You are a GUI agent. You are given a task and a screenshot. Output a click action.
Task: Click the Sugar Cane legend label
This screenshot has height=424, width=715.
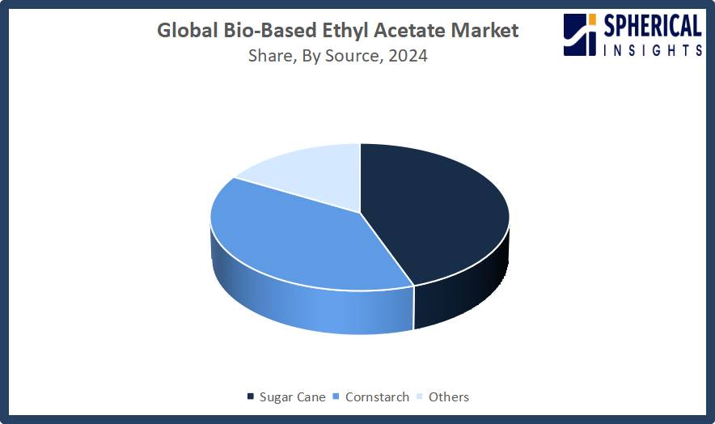click(292, 397)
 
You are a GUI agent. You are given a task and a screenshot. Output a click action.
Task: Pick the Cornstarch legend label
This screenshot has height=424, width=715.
click(377, 397)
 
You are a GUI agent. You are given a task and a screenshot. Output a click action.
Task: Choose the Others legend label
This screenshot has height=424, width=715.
click(449, 397)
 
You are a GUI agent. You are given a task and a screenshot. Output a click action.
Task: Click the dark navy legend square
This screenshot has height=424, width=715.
click(251, 396)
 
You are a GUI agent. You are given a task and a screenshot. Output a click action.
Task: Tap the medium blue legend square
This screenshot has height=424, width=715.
click(336, 396)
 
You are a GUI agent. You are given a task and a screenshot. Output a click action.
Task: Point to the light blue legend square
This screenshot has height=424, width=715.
click(420, 396)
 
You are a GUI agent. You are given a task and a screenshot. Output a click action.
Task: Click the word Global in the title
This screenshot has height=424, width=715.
click(188, 30)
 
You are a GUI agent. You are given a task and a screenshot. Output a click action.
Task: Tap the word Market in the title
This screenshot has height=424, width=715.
click(484, 30)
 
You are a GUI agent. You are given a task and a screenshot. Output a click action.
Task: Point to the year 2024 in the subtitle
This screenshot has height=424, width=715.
click(408, 56)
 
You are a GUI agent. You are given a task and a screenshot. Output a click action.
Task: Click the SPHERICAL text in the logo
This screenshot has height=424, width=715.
click(653, 26)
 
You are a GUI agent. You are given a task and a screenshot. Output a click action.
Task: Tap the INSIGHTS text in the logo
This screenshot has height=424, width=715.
click(653, 49)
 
